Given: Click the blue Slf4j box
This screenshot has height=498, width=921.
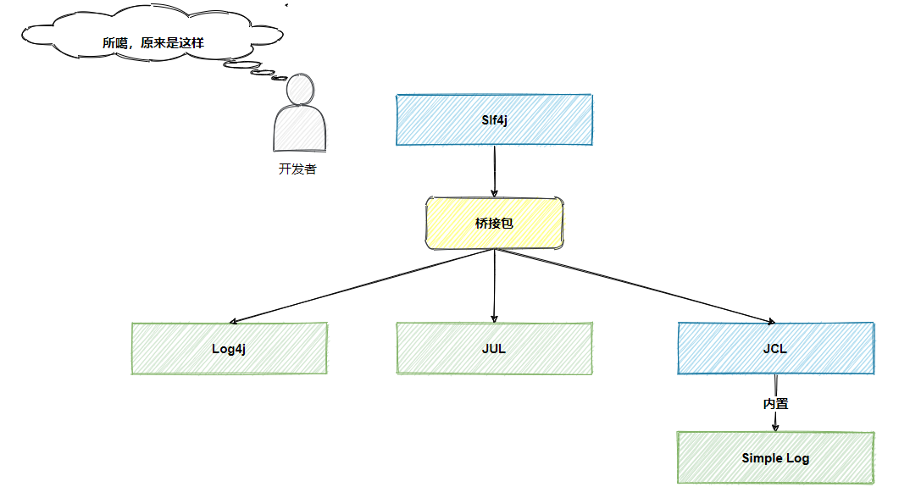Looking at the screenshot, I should click(x=494, y=119).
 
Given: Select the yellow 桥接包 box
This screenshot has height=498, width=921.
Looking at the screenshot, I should click(x=494, y=224).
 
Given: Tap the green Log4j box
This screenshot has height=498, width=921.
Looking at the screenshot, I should click(x=230, y=348).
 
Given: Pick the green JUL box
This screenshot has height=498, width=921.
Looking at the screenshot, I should click(x=494, y=348).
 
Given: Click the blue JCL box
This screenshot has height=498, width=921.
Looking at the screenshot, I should click(x=775, y=348).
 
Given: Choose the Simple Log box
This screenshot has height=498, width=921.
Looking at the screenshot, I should click(x=775, y=458).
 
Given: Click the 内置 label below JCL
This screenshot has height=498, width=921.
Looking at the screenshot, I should click(x=775, y=404).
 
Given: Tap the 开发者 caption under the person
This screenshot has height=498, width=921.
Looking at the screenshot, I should click(x=297, y=169).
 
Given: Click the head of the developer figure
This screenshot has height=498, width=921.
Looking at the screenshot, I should click(x=300, y=88).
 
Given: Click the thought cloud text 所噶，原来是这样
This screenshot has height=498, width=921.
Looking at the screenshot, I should click(x=159, y=42).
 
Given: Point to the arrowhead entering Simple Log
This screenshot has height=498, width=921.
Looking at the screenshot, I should click(x=775, y=427).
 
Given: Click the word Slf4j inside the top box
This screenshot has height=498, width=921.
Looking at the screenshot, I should click(x=494, y=119).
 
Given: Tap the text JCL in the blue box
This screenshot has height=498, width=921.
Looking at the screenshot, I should click(x=775, y=348).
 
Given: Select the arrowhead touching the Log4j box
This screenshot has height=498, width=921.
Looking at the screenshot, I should click(x=234, y=321).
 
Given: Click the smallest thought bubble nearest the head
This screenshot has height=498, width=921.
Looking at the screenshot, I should click(x=280, y=78).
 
